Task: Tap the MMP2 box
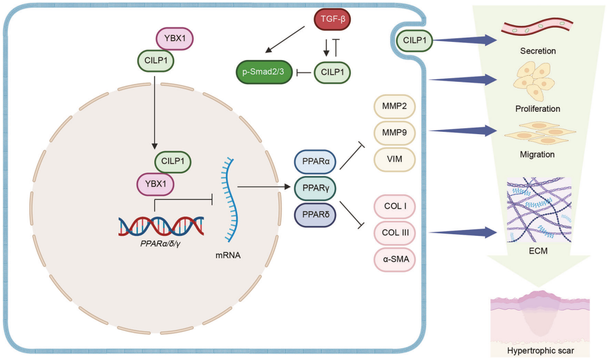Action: coord(394,108)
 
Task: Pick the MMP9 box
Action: coord(394,134)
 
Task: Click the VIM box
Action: coord(394,159)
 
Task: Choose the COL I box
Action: coord(394,208)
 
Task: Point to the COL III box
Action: coord(394,234)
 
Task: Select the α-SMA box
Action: coord(394,259)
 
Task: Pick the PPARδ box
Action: coord(315,214)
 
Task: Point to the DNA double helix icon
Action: coord(161,226)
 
